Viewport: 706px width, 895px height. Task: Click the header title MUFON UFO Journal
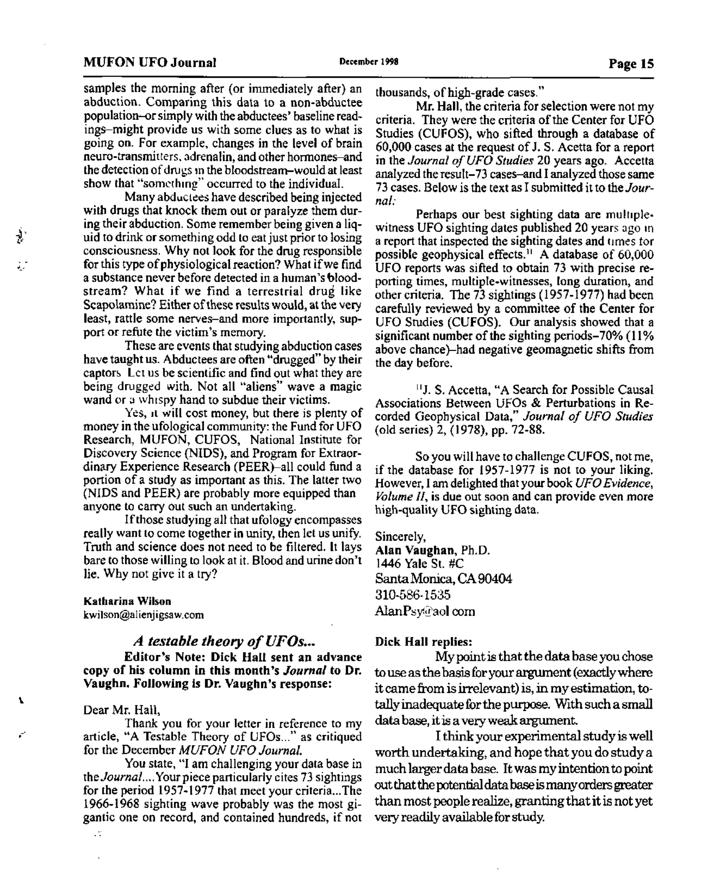click(150, 63)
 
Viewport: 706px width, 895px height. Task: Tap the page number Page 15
click(631, 64)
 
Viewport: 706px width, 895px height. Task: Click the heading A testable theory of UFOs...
click(224, 641)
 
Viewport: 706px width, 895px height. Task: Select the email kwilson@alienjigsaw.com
click(144, 615)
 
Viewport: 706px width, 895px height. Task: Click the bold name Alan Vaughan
click(416, 550)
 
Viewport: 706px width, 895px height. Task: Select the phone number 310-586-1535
click(412, 594)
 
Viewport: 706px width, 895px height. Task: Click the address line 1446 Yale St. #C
click(419, 564)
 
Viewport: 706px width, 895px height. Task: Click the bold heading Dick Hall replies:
click(423, 642)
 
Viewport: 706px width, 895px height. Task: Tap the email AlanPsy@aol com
click(425, 611)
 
